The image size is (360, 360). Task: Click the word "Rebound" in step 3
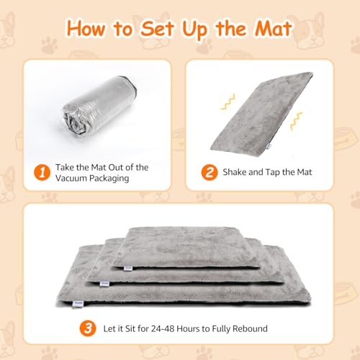pyautogui.click(x=248, y=328)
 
